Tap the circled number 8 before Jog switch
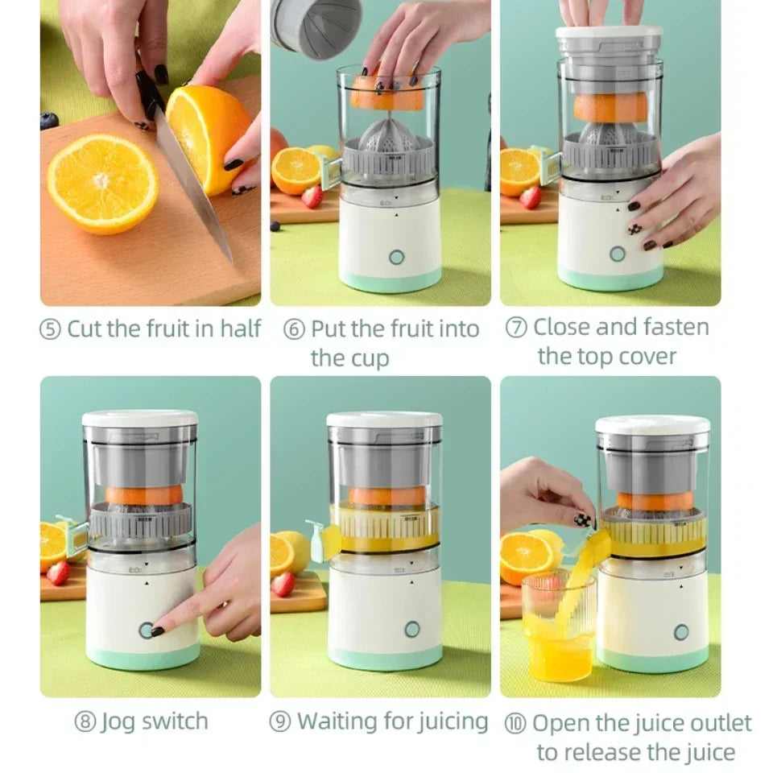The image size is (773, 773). coord(86,721)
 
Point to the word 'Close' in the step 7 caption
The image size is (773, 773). coord(567,327)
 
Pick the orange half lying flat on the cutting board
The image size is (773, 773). coord(102,184)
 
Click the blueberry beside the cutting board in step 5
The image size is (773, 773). coord(49,121)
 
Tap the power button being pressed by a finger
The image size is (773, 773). coord(147,630)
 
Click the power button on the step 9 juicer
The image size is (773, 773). coord(411,629)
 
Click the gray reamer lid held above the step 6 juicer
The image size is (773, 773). coord(316,29)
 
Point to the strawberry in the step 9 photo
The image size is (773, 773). coord(283,584)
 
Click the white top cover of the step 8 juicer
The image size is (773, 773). coord(140,419)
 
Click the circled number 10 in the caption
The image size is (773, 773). coord(515,723)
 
